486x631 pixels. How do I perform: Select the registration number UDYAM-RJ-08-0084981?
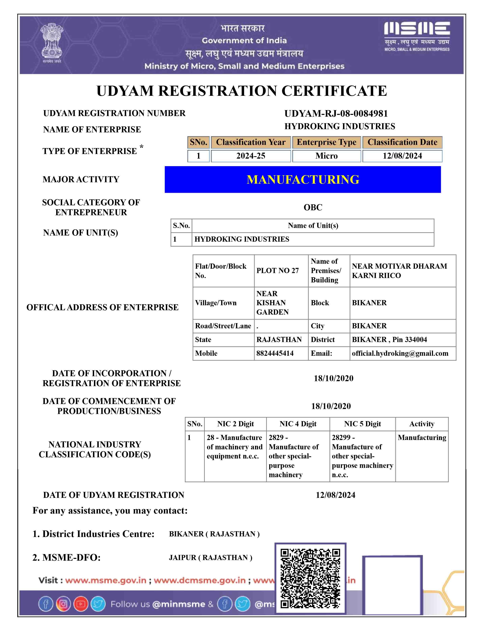click(x=336, y=113)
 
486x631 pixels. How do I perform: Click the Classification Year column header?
click(x=251, y=142)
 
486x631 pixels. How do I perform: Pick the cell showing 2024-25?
click(x=251, y=156)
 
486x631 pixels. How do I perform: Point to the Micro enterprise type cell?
click(x=326, y=156)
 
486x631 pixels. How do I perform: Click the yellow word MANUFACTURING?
click(x=303, y=179)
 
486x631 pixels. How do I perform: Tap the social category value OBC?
click(x=313, y=207)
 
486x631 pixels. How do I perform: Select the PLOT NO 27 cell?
click(x=277, y=271)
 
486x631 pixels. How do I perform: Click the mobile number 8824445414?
click(x=275, y=353)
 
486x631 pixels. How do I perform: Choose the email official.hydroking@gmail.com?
click(x=400, y=353)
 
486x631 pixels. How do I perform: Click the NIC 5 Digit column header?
click(x=362, y=424)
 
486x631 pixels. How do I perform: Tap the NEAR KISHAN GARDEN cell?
click(x=272, y=303)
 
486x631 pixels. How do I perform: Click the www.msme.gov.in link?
click(x=106, y=581)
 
